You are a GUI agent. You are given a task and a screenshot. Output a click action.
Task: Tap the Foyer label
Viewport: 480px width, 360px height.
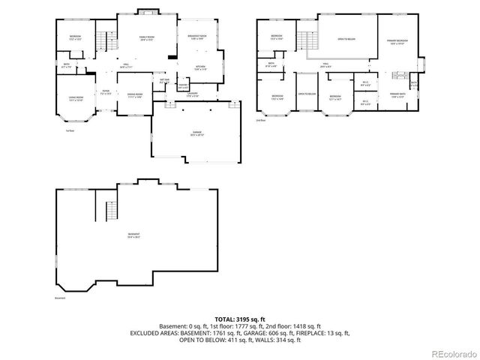tap(106, 92)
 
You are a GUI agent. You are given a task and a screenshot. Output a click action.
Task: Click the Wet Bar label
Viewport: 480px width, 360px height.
tap(163, 80)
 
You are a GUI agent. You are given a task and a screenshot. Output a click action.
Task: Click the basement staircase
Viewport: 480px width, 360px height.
tap(109, 206)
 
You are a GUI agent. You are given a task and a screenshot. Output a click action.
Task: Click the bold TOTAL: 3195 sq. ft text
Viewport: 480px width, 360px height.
tap(239, 319)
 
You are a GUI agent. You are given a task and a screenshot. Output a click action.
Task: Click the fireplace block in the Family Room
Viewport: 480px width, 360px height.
tap(173, 56)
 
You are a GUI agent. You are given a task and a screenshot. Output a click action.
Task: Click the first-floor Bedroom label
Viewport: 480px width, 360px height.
tap(76, 37)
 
